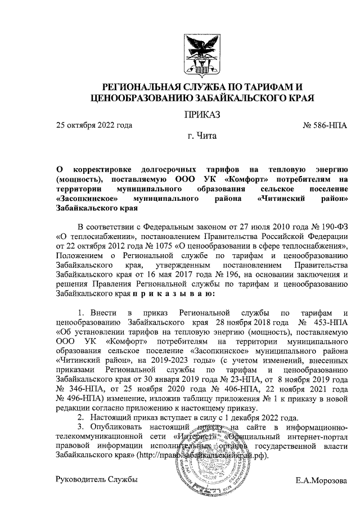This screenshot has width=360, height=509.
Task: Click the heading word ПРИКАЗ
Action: click(202, 115)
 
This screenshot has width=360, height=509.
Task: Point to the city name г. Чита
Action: click(202, 136)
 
